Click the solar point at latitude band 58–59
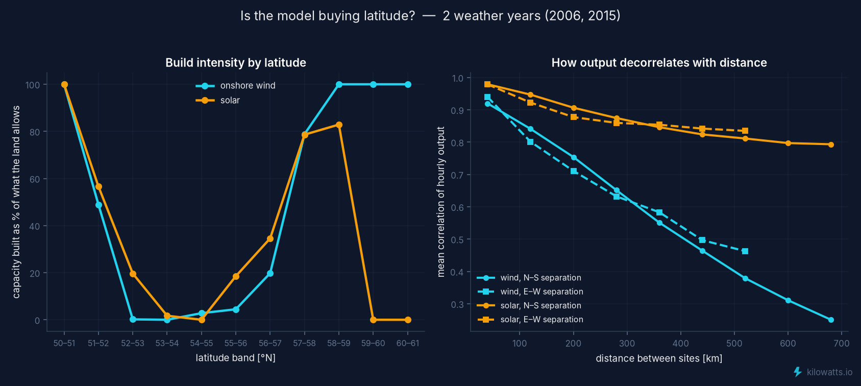click(x=339, y=125)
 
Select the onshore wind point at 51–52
click(x=99, y=205)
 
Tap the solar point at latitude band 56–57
click(x=270, y=239)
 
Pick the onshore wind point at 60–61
click(x=408, y=85)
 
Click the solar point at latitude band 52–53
click(x=133, y=274)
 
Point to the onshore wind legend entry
click(x=236, y=85)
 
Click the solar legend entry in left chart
click(x=218, y=101)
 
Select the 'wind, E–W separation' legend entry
click(x=530, y=292)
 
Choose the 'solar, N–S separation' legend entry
click(x=529, y=306)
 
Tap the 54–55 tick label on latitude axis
click(x=202, y=343)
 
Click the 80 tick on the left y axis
click(x=35, y=132)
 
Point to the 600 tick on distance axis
click(x=788, y=343)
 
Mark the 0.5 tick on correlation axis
click(x=458, y=239)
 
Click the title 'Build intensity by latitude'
click(x=236, y=63)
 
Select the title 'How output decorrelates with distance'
click(x=659, y=63)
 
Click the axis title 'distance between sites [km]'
click(x=659, y=358)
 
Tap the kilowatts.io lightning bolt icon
click(x=798, y=372)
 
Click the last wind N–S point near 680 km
click(x=831, y=320)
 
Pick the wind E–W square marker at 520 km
click(x=745, y=251)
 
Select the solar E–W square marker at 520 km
click(x=745, y=131)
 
